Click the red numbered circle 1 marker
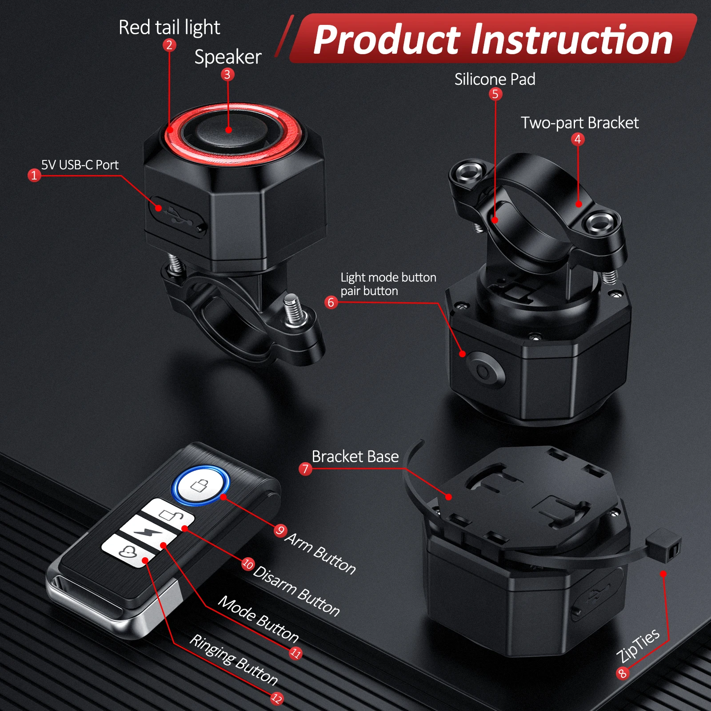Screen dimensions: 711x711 34,175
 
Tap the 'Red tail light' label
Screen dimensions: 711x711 169,28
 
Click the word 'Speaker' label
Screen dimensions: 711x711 228,57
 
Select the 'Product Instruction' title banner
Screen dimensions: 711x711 493,40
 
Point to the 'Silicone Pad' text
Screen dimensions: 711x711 495,79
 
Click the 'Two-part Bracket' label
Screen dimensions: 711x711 579,123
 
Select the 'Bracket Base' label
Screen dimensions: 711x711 355,456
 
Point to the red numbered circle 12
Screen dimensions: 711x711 277,698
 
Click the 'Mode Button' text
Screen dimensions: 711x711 258,619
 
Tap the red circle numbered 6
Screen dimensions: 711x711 331,302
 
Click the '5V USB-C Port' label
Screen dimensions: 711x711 80,165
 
